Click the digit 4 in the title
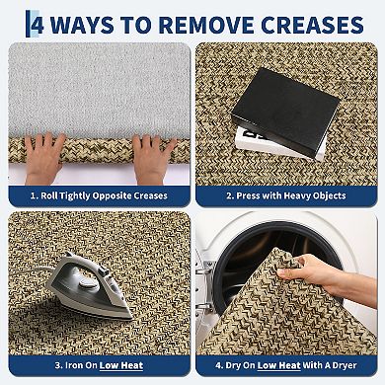38,25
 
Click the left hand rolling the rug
43,158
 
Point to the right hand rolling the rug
152,159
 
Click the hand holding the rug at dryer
326,275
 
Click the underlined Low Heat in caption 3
121,365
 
